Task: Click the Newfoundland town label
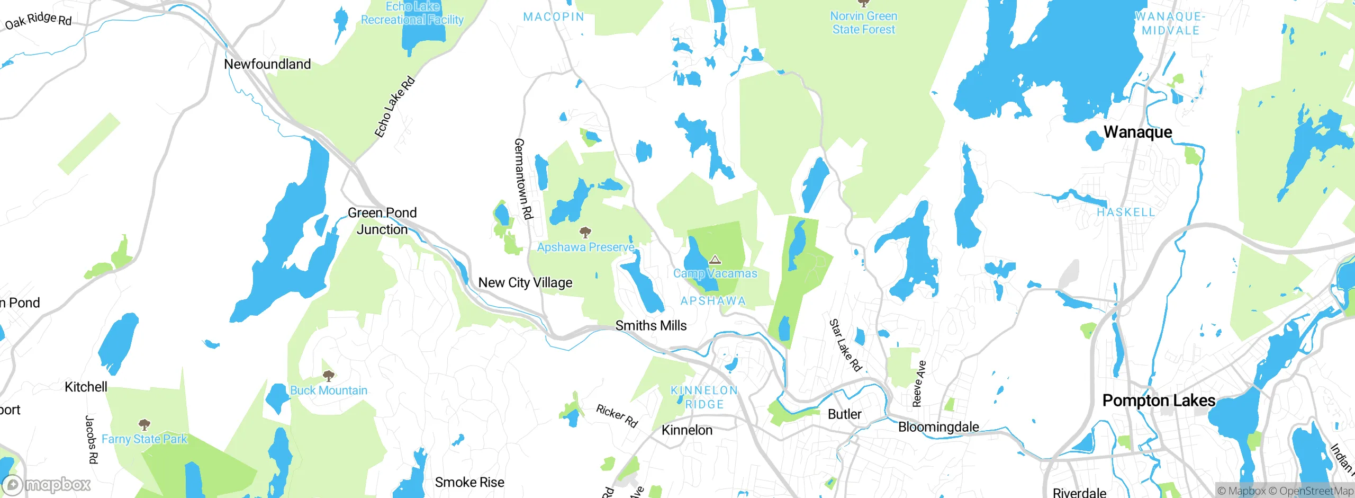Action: coord(267,64)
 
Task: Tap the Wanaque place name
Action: coord(1137,132)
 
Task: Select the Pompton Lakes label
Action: coord(1159,401)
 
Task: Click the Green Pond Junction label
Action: coord(382,221)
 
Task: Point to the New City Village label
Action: coord(525,282)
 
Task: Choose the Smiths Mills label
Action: coord(651,325)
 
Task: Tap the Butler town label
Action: coord(844,414)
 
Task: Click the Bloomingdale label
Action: coord(938,426)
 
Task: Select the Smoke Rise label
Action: coord(469,482)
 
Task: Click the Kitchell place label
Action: coord(86,387)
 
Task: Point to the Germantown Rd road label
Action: coord(523,179)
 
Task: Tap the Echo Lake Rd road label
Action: coord(395,107)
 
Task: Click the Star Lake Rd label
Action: coord(845,345)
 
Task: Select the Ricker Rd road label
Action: coord(617,416)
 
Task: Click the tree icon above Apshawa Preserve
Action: coord(585,232)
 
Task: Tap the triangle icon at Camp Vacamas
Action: coord(715,260)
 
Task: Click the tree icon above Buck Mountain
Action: coord(328,376)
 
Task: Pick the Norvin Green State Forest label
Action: coord(863,23)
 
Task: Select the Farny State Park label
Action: coord(144,439)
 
